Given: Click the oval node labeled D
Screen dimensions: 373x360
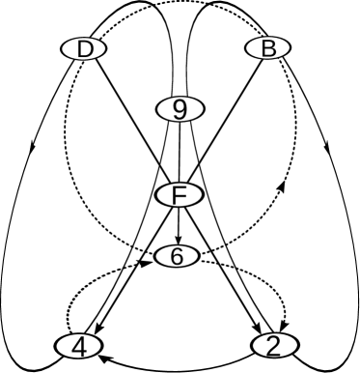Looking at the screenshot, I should (x=85, y=49).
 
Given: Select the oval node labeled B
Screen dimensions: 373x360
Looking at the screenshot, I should (x=267, y=48).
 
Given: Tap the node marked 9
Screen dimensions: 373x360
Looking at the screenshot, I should (x=180, y=110).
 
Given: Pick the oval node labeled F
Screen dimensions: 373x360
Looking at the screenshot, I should (x=179, y=195).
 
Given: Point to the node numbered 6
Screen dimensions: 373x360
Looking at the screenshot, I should (x=177, y=256).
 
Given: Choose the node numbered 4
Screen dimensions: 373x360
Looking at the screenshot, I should (x=79, y=345).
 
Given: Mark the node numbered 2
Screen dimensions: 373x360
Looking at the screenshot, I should (x=274, y=345).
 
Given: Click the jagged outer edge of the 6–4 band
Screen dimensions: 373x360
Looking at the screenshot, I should (x=93, y=286).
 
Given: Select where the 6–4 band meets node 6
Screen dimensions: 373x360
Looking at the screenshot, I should (x=154, y=264).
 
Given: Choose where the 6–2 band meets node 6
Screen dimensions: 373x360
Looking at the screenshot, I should (x=200, y=264).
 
